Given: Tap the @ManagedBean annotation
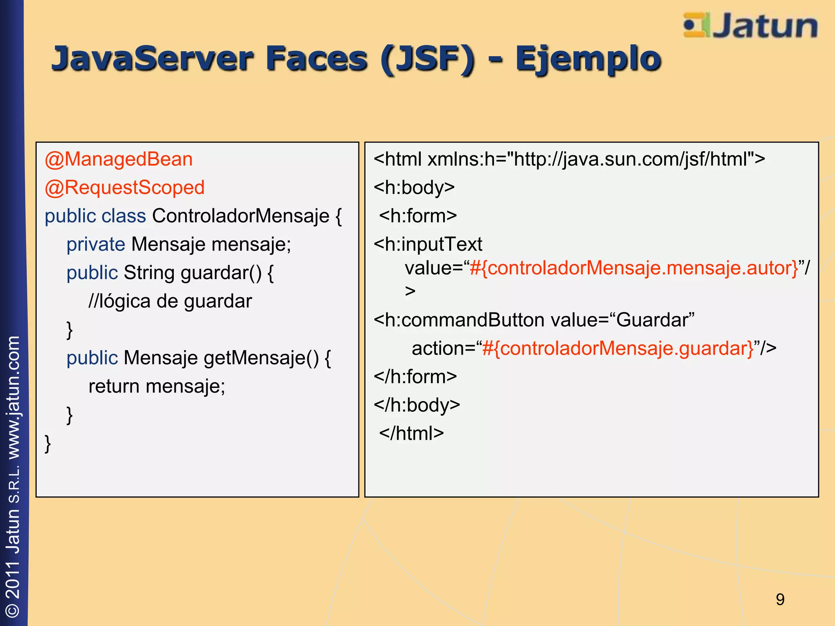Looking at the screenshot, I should coord(119,159).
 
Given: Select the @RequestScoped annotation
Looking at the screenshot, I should coord(125,187).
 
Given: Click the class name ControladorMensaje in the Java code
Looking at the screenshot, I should coord(241,216).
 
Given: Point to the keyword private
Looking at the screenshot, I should coord(96,244).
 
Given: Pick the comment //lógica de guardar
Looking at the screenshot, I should coord(170,301).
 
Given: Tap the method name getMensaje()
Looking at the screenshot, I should coord(261,358).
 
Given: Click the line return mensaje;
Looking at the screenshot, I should coord(157,386).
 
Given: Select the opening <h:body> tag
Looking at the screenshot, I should coord(414,187).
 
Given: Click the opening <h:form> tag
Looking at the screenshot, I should coord(418,216).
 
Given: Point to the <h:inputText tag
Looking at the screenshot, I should coord(428,244).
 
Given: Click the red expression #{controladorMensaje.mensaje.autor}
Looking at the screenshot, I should coord(634,268).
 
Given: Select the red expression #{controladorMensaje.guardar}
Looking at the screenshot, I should coord(618,348).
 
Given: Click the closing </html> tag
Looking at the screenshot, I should coord(411,433).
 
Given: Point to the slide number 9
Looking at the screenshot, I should coord(780,599).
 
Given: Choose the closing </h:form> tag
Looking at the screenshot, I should coord(415,377).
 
